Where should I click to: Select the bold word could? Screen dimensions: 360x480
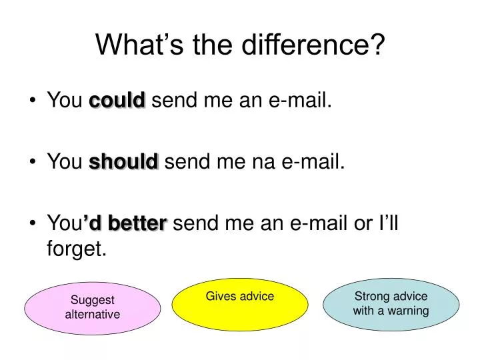pyautogui.click(x=117, y=101)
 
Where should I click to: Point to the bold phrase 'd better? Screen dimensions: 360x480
pyautogui.click(x=125, y=223)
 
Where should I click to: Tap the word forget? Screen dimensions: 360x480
pyautogui.click(x=77, y=249)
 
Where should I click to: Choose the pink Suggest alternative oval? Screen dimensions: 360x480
pyautogui.click(x=93, y=307)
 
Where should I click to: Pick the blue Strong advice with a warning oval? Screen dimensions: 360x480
pyautogui.click(x=391, y=304)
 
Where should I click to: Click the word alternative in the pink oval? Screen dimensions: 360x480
pyautogui.click(x=93, y=314)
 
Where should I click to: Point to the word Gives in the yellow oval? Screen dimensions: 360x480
pyautogui.click(x=221, y=296)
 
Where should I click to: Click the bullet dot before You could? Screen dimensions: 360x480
pyautogui.click(x=33, y=101)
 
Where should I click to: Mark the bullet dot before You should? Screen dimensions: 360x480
pyautogui.click(x=33, y=161)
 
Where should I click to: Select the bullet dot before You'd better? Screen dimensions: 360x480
pyautogui.click(x=33, y=224)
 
